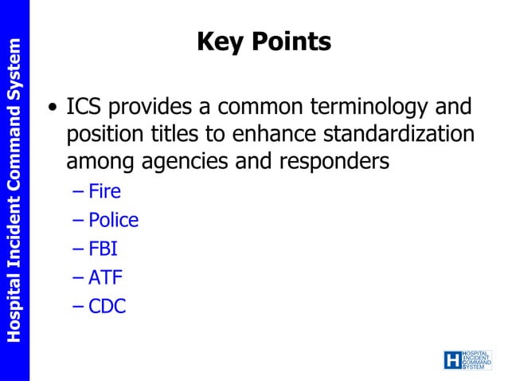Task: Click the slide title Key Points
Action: tap(264, 42)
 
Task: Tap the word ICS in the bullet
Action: tap(82, 107)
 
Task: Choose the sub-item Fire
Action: tap(104, 191)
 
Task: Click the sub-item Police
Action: tap(113, 220)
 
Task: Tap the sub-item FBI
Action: tap(104, 249)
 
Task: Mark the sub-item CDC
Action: tap(107, 306)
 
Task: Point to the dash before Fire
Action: tap(76, 192)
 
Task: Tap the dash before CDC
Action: tap(76, 307)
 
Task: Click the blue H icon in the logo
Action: tap(452, 359)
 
